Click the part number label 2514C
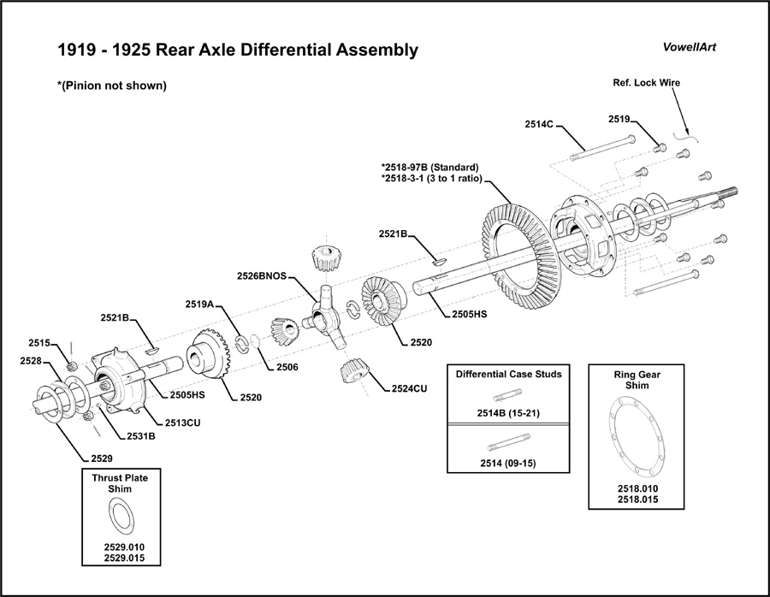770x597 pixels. [541, 125]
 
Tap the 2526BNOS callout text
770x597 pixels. [263, 275]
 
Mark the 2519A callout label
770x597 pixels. [199, 304]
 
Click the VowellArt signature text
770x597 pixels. [690, 47]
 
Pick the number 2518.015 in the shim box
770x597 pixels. [638, 499]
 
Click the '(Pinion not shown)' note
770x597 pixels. [111, 86]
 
